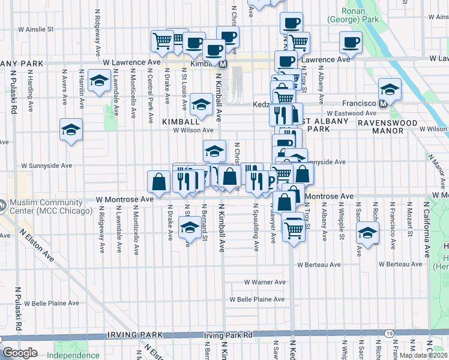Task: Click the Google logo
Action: point(20,353)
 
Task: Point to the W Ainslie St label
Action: point(36,28)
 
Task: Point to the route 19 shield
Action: point(389,333)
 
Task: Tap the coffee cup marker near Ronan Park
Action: point(351,42)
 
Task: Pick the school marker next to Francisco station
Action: point(390,90)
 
